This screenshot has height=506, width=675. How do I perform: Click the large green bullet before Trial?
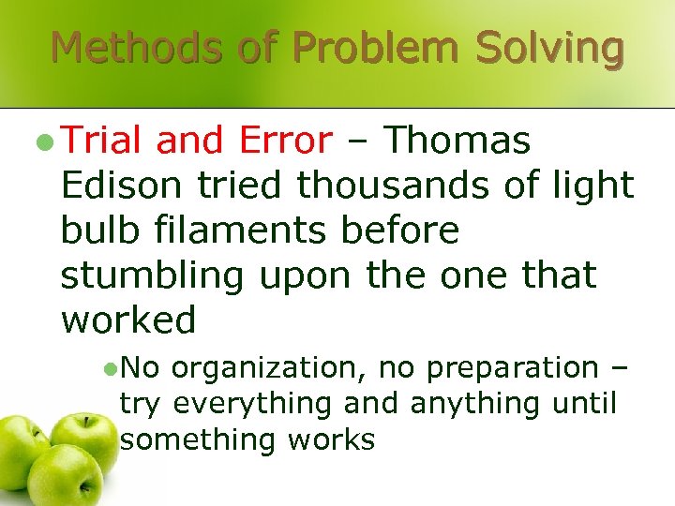pyautogui.click(x=42, y=141)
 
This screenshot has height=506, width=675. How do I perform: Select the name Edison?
pyautogui.click(x=122, y=186)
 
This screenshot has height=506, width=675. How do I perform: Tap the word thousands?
pyautogui.click(x=384, y=186)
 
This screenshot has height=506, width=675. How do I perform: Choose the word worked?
pyautogui.click(x=128, y=320)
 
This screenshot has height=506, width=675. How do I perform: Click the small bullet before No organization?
pyautogui.click(x=110, y=368)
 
